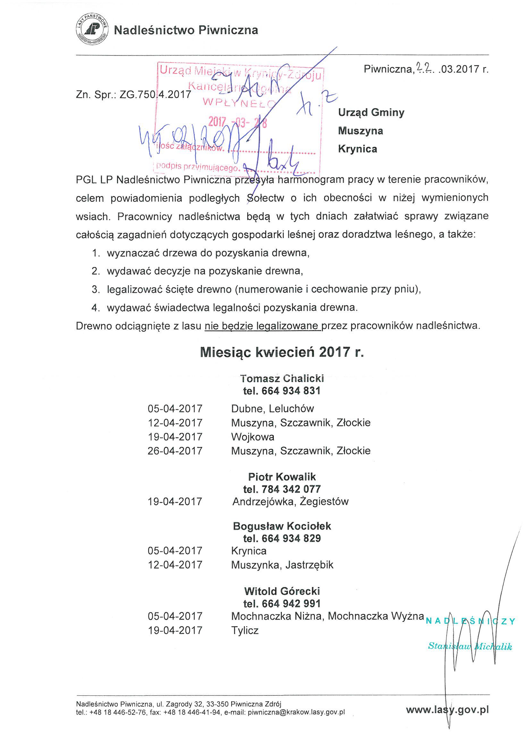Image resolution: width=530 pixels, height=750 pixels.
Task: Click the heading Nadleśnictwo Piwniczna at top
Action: pos(186,30)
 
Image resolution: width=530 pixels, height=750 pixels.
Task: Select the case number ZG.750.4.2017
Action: pos(155,94)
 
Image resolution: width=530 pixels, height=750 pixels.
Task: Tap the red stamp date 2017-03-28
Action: pos(237,122)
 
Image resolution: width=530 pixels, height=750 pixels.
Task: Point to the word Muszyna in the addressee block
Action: pos(360,131)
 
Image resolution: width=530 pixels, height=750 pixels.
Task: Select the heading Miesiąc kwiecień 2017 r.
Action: pos(282,353)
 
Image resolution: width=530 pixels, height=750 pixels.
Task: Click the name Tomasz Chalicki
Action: pos(282,378)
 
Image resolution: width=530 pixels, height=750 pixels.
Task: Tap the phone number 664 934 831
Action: pos(290,391)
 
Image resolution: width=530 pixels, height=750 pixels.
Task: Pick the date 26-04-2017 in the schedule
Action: pos(175,451)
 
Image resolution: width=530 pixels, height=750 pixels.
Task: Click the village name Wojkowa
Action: pos(252,437)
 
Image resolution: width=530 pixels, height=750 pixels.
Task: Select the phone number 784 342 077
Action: pos(291,489)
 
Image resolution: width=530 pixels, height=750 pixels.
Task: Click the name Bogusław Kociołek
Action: pos(282,526)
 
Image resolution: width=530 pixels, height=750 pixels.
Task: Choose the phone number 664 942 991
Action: pos(291,603)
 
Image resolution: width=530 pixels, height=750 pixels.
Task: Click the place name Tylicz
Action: pos(245,630)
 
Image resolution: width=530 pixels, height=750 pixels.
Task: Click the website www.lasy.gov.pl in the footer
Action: pos(447,710)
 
